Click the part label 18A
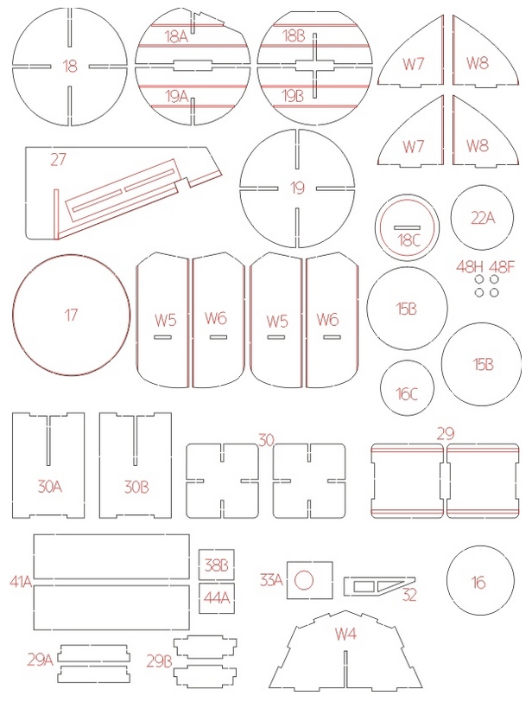click(x=175, y=36)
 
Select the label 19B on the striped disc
click(x=293, y=96)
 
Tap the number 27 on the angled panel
click(x=58, y=159)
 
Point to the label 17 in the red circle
click(x=71, y=316)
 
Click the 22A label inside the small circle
click(x=483, y=218)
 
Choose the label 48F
click(x=502, y=267)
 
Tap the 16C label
click(x=407, y=394)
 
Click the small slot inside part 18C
click(x=408, y=227)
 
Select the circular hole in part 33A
click(x=304, y=580)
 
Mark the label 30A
click(x=49, y=486)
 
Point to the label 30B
click(x=136, y=487)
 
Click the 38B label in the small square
click(x=217, y=565)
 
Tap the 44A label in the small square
click(x=217, y=597)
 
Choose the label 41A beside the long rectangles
click(x=21, y=582)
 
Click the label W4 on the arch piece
click(x=345, y=634)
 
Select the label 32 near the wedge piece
click(x=409, y=595)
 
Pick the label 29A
click(x=41, y=660)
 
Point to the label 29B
click(x=159, y=661)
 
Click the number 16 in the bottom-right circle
click(x=478, y=582)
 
